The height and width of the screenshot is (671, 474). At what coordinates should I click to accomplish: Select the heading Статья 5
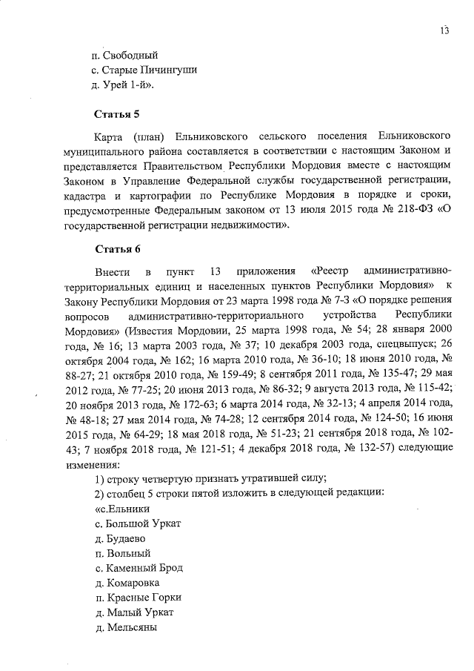coord(117,114)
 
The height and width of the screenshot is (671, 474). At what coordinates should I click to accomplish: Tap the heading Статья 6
coord(117,248)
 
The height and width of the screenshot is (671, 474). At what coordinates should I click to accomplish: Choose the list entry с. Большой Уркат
coord(133,523)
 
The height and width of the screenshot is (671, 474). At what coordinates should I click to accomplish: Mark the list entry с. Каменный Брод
coord(133,567)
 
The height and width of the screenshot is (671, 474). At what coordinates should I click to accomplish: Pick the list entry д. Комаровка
coord(121,582)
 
